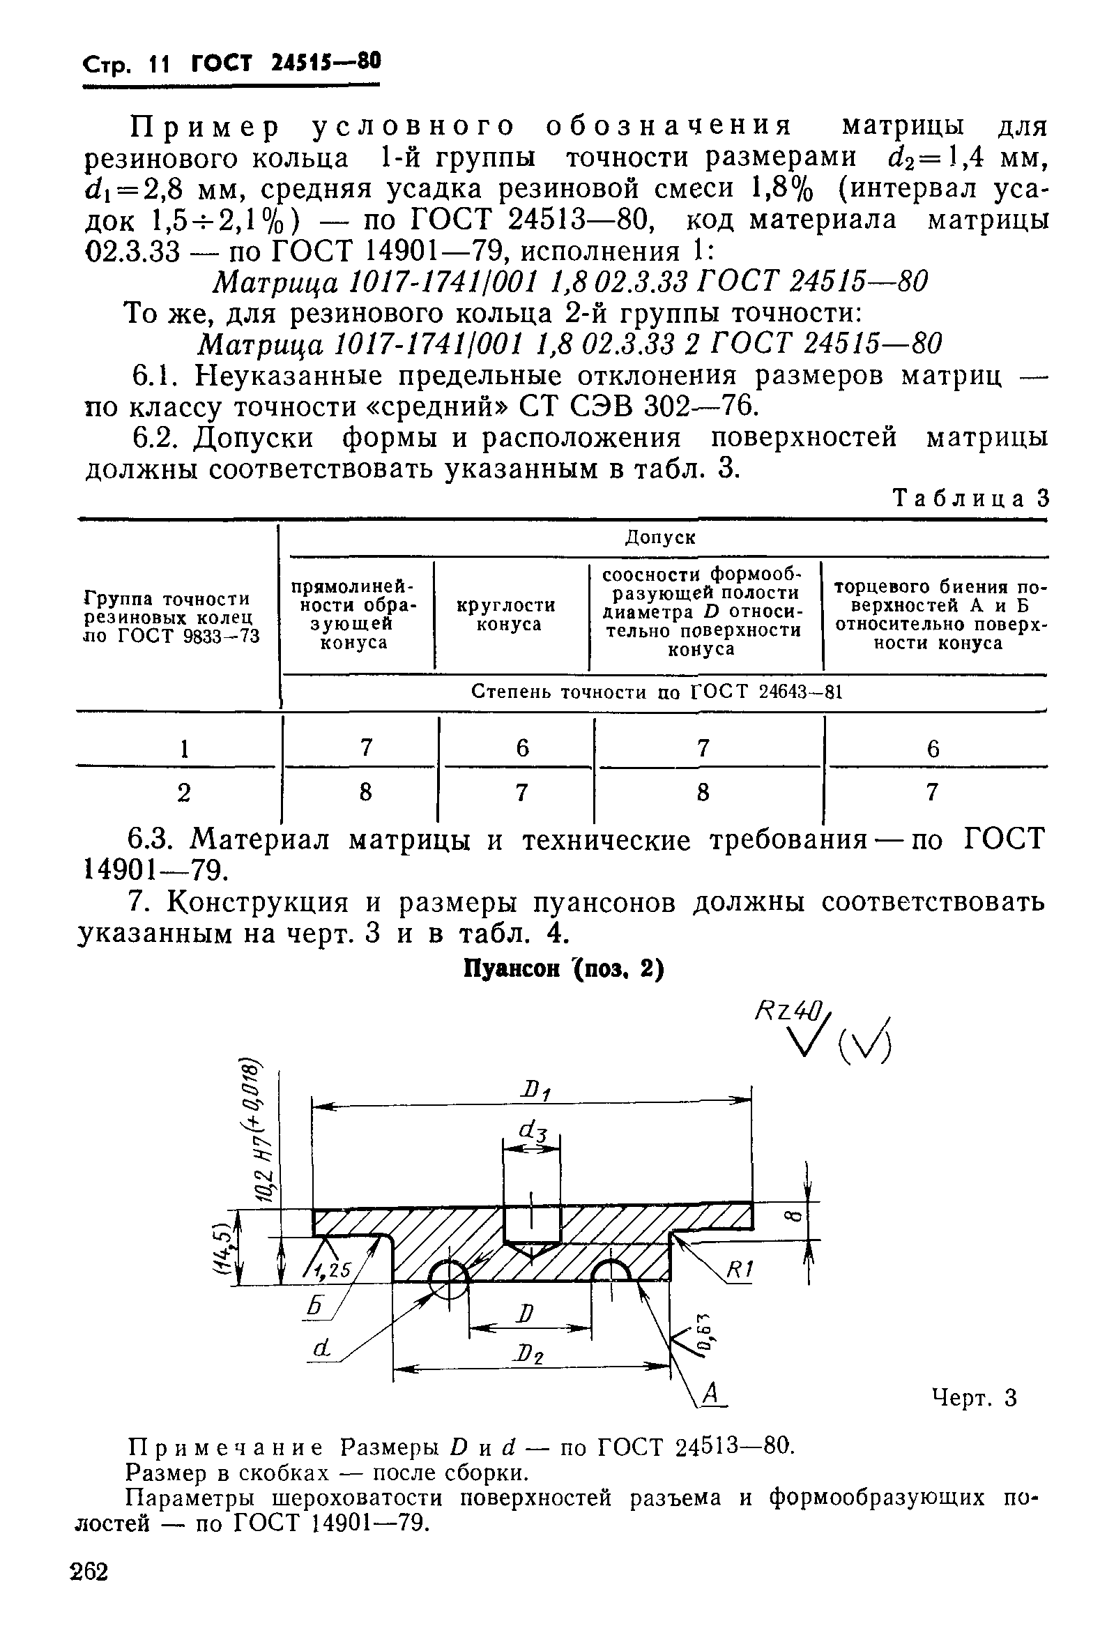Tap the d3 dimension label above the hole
point(533,1130)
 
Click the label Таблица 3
point(970,499)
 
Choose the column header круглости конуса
point(506,615)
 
